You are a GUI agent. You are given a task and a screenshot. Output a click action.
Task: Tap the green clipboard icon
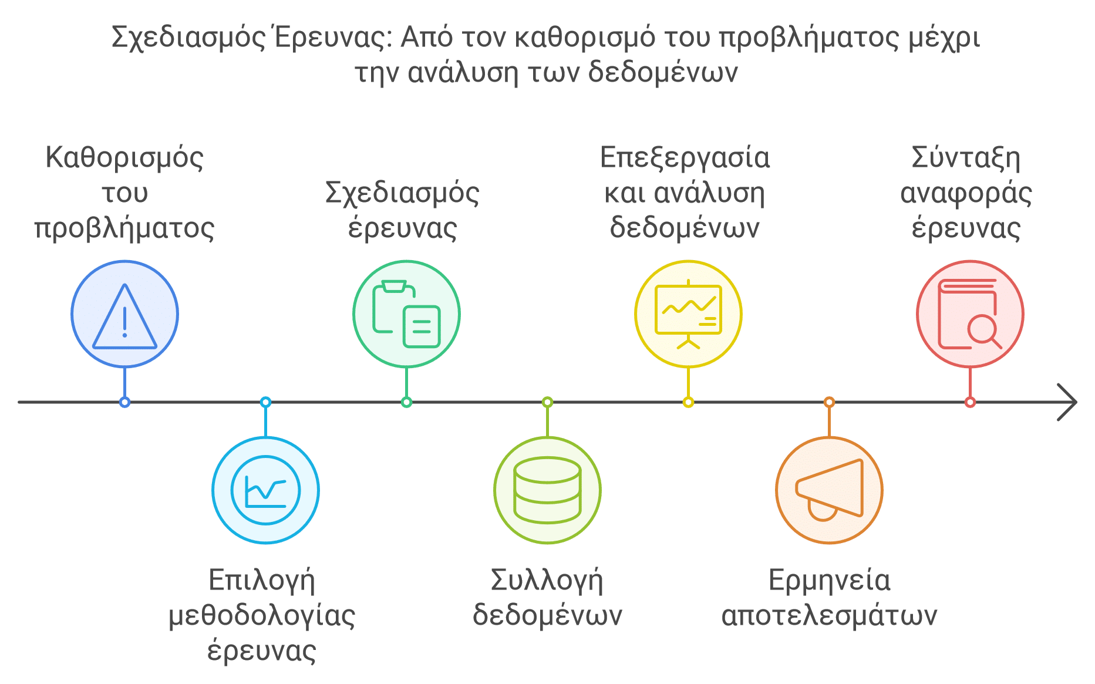pos(406,314)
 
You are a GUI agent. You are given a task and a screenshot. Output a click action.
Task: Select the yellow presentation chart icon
pos(688,314)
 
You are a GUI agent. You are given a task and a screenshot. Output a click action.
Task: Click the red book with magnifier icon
pos(970,314)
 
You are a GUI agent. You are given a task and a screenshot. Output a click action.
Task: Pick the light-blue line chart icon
pos(265,490)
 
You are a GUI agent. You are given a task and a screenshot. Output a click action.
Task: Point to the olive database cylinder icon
pos(547,490)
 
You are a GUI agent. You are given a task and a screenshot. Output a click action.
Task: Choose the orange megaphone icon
pos(829,490)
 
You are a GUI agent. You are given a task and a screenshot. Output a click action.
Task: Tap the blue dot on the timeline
pos(124,402)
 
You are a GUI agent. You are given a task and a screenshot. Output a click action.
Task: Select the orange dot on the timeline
pos(829,402)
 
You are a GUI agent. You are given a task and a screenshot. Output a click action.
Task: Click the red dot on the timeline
pos(970,402)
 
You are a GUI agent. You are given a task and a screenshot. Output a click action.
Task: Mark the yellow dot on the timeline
pos(688,402)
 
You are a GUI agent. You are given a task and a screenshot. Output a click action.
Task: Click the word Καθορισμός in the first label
pos(124,158)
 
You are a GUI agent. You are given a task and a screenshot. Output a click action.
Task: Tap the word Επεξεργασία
pos(685,158)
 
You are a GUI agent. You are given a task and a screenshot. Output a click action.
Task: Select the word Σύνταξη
pos(966,158)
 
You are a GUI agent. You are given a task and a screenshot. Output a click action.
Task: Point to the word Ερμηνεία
pos(829,581)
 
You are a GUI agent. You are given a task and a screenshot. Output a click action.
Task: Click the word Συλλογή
pos(547,581)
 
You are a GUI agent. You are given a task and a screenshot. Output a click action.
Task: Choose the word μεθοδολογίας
pos(262,616)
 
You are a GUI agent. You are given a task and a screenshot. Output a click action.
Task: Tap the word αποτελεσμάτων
pos(829,616)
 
